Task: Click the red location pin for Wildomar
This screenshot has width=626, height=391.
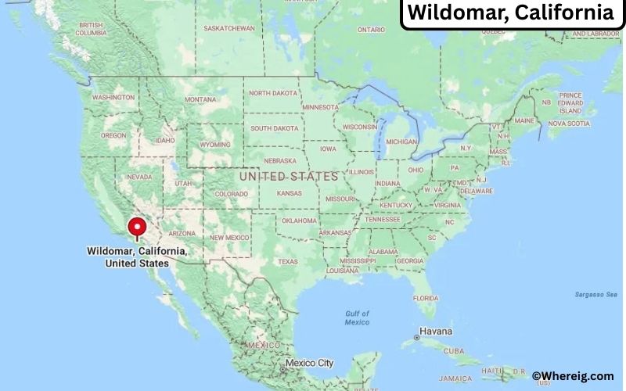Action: [137, 228]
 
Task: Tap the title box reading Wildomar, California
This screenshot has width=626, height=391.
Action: [511, 13]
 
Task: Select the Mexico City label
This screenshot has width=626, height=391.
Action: [309, 364]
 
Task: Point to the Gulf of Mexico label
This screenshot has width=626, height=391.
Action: [357, 318]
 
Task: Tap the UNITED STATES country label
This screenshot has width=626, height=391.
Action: [289, 177]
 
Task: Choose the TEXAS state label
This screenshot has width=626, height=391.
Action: [287, 262]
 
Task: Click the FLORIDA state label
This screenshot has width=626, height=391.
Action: [425, 298]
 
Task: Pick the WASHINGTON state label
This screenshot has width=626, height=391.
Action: [113, 98]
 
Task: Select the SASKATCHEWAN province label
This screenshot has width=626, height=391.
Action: [229, 28]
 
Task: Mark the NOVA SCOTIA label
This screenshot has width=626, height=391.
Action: [568, 124]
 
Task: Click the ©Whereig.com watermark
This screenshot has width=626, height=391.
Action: [573, 376]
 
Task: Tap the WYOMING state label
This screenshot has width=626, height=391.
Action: [215, 145]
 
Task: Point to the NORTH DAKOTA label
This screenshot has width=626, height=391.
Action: [275, 93]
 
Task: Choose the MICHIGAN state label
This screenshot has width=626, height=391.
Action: [402, 142]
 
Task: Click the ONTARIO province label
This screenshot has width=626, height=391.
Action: [371, 30]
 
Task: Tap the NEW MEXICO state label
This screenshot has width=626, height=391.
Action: [229, 238]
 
